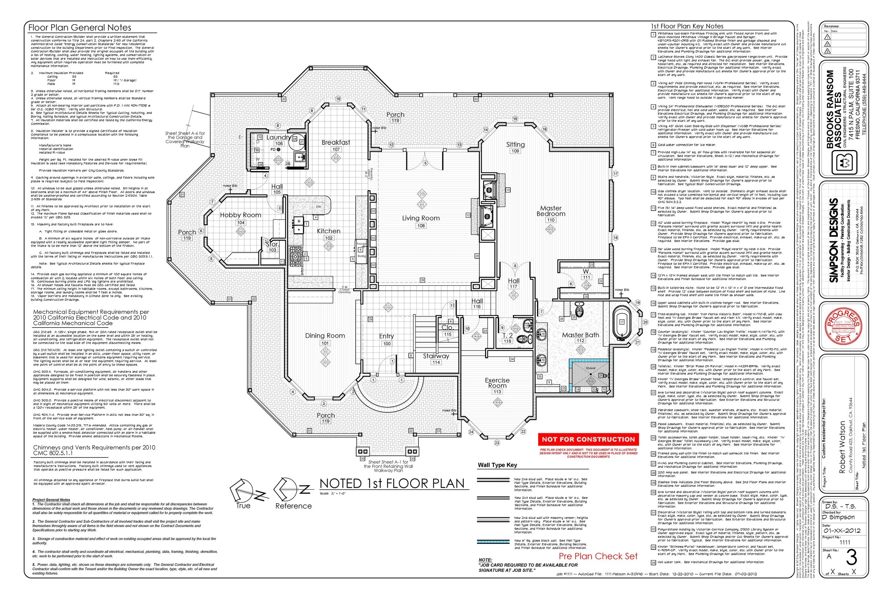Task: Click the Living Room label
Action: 421,218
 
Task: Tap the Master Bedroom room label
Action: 551,211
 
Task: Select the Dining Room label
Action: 325,336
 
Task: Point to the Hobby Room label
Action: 241,215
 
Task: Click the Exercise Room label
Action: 498,383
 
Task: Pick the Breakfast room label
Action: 336,143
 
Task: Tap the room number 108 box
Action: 421,226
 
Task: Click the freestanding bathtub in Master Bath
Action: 622,323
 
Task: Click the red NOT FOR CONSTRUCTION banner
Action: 588,439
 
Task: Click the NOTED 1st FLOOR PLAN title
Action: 392,484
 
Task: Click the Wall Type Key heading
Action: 498,465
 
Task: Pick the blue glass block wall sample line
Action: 493,542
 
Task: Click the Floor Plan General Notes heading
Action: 80,27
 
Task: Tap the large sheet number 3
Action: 851,558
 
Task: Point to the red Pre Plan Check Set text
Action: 598,556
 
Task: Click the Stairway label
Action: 436,356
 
